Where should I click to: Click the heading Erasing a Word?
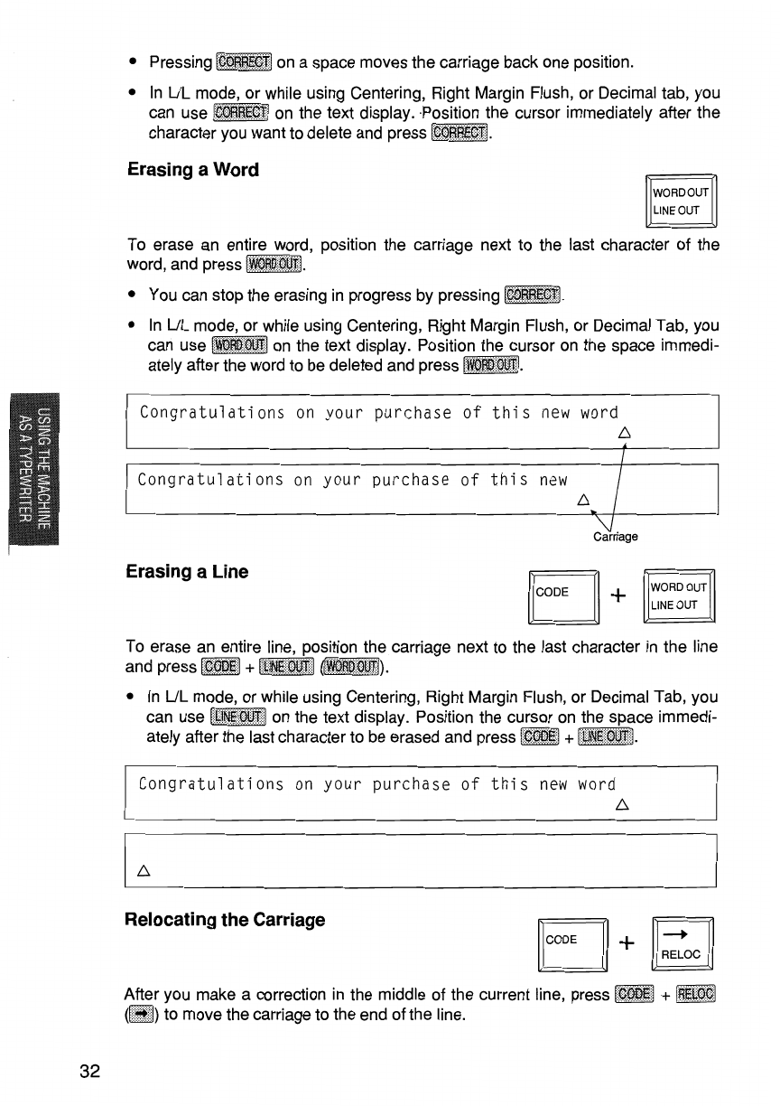pos(192,170)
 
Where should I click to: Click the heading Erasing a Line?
pos(188,572)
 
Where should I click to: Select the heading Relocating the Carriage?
pos(226,921)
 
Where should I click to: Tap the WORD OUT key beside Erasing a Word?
pos(682,202)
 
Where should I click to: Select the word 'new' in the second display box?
pos(552,480)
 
